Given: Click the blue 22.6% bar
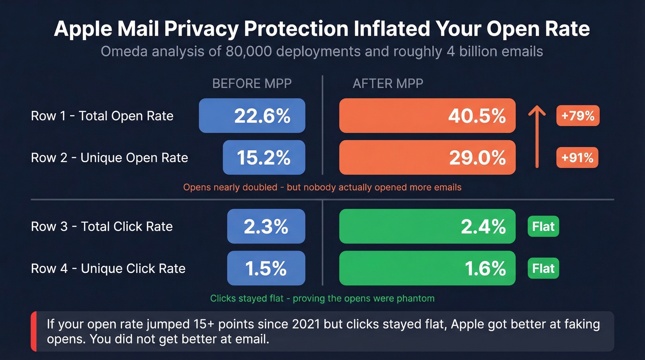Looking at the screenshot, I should tap(252, 116).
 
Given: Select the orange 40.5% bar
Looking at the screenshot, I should tap(427, 116).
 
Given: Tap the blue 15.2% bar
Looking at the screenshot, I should tap(264, 158).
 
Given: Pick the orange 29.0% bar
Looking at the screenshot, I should tap(427, 158).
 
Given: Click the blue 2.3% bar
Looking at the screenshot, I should tap(266, 226).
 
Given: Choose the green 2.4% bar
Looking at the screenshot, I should tap(427, 226).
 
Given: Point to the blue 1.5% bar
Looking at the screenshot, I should tap(266, 268).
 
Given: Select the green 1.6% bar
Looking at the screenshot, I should tap(427, 268).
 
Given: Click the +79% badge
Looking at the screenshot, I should tap(578, 116).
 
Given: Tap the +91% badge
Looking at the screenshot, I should tap(578, 158).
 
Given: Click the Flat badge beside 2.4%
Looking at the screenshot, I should tap(543, 226).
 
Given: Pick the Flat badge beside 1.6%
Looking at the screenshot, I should tap(543, 268).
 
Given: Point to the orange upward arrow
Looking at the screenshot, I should tap(536, 136).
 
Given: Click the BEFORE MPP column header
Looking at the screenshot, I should tap(252, 83).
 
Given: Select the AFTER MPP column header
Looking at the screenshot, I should tap(387, 83).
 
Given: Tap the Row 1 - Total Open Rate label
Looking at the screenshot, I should tap(102, 116).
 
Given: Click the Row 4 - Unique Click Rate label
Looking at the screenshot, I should tap(108, 268).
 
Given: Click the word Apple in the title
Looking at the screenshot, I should tap(86, 29).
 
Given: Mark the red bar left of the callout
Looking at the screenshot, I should tap(33, 331).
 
